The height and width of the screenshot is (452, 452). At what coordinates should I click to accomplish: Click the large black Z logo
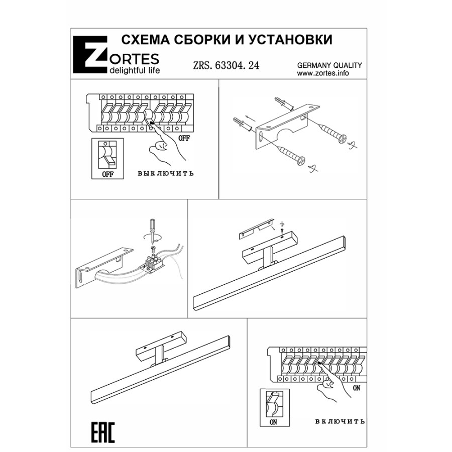pyautogui.click(x=90, y=55)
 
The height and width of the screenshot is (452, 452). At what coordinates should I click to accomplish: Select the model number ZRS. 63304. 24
pyautogui.click(x=226, y=65)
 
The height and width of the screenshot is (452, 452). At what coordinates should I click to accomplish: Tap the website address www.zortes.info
pyautogui.click(x=323, y=73)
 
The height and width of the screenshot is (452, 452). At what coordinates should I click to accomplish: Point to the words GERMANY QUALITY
pyautogui.click(x=329, y=65)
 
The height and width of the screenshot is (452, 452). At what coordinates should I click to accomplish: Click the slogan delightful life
pyautogui.click(x=135, y=70)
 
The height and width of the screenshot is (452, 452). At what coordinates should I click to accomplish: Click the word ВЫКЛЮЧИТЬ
pyautogui.click(x=166, y=174)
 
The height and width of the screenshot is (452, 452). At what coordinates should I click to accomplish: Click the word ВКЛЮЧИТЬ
pyautogui.click(x=340, y=421)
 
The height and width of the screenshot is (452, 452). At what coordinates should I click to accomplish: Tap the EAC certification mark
pyautogui.click(x=103, y=432)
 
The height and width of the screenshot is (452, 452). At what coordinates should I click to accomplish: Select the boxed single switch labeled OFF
pyautogui.click(x=107, y=159)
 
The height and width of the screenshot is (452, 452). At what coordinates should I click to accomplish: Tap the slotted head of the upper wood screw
pyautogui.click(x=342, y=139)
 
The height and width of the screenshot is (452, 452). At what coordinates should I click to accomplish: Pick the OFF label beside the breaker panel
pyautogui.click(x=184, y=138)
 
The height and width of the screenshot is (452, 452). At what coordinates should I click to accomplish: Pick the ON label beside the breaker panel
pyautogui.click(x=357, y=388)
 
